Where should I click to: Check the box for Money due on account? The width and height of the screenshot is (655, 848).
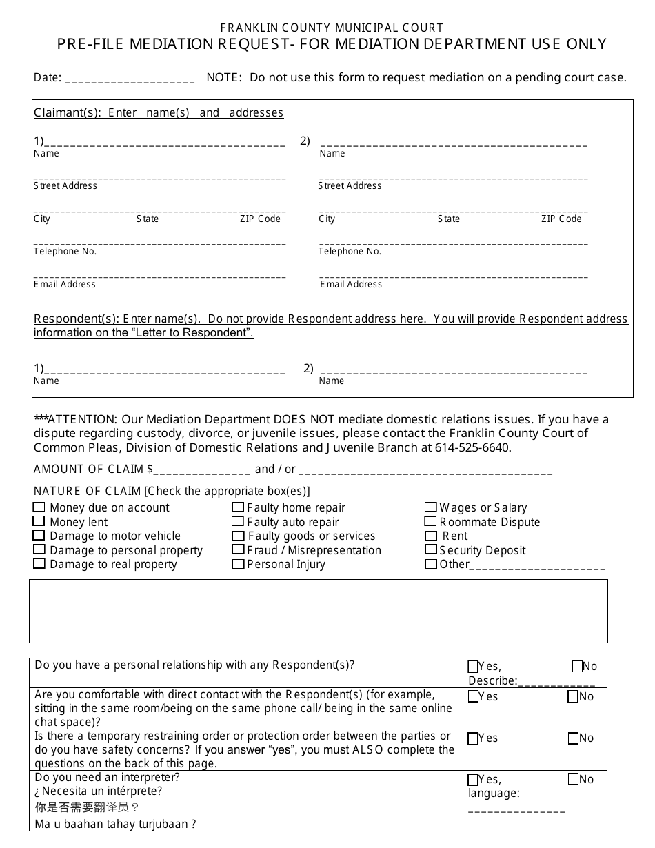click(x=39, y=507)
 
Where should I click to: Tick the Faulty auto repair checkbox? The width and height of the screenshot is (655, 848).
click(x=238, y=522)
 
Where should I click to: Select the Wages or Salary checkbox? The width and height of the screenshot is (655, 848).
click(x=431, y=507)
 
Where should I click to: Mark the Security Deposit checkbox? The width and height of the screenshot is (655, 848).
click(x=431, y=550)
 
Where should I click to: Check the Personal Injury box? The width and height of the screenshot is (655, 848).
click(x=238, y=565)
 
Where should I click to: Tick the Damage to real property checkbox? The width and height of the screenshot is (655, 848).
click(x=39, y=564)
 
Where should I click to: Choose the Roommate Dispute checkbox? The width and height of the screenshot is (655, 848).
click(x=431, y=522)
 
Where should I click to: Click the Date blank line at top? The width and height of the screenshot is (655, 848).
click(x=130, y=79)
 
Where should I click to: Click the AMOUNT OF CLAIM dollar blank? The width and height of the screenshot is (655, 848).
click(x=202, y=470)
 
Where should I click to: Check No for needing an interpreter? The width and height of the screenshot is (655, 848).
click(x=574, y=780)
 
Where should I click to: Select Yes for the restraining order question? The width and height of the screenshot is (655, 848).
click(x=473, y=738)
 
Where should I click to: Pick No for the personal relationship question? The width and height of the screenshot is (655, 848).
click(x=578, y=667)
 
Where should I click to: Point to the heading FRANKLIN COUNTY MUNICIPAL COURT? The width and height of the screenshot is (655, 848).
click(x=332, y=28)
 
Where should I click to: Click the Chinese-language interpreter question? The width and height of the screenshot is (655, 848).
click(x=87, y=807)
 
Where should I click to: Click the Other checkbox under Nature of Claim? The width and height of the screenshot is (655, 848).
click(x=431, y=565)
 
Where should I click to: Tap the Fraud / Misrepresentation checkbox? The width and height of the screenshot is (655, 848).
click(x=238, y=550)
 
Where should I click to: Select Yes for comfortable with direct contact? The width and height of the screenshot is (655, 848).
click(x=473, y=697)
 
